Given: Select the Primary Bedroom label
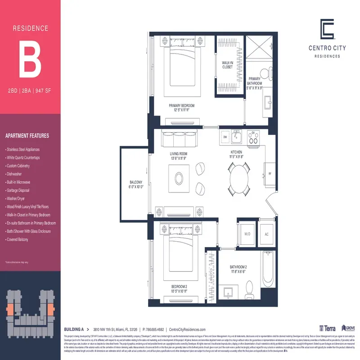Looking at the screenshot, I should click(181, 107).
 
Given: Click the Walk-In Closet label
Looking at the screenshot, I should click(227, 64).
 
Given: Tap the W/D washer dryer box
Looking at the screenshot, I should click(247, 234).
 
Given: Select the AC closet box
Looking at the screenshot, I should click(266, 234).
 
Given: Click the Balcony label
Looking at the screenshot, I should click(135, 184).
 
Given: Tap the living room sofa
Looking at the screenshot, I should click(179, 139).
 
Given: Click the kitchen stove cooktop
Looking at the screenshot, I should click(254, 136).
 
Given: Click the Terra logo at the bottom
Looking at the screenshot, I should click(327, 329).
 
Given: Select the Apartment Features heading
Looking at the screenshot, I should click(27, 136).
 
